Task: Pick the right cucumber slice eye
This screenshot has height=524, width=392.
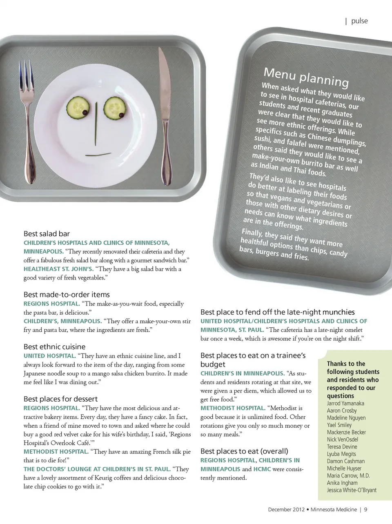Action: click(x=115, y=108)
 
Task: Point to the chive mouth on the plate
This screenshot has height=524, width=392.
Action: click(x=98, y=155)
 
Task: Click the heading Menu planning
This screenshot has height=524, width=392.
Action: click(x=306, y=77)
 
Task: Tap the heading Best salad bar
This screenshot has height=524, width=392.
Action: click(x=47, y=234)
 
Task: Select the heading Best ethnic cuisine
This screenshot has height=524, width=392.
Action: click(x=54, y=347)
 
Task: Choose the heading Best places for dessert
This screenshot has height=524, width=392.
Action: click(x=60, y=399)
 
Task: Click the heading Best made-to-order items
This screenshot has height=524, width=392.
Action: click(x=67, y=295)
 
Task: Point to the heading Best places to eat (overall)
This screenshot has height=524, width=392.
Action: click(x=244, y=451)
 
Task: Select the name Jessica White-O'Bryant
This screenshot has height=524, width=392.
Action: click(x=352, y=490)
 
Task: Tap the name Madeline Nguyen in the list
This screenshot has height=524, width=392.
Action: click(x=346, y=418)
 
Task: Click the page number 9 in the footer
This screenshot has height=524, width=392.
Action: click(x=366, y=509)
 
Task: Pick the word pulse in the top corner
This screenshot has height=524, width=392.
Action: click(x=359, y=21)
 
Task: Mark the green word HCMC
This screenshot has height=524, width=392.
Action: click(x=262, y=469)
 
